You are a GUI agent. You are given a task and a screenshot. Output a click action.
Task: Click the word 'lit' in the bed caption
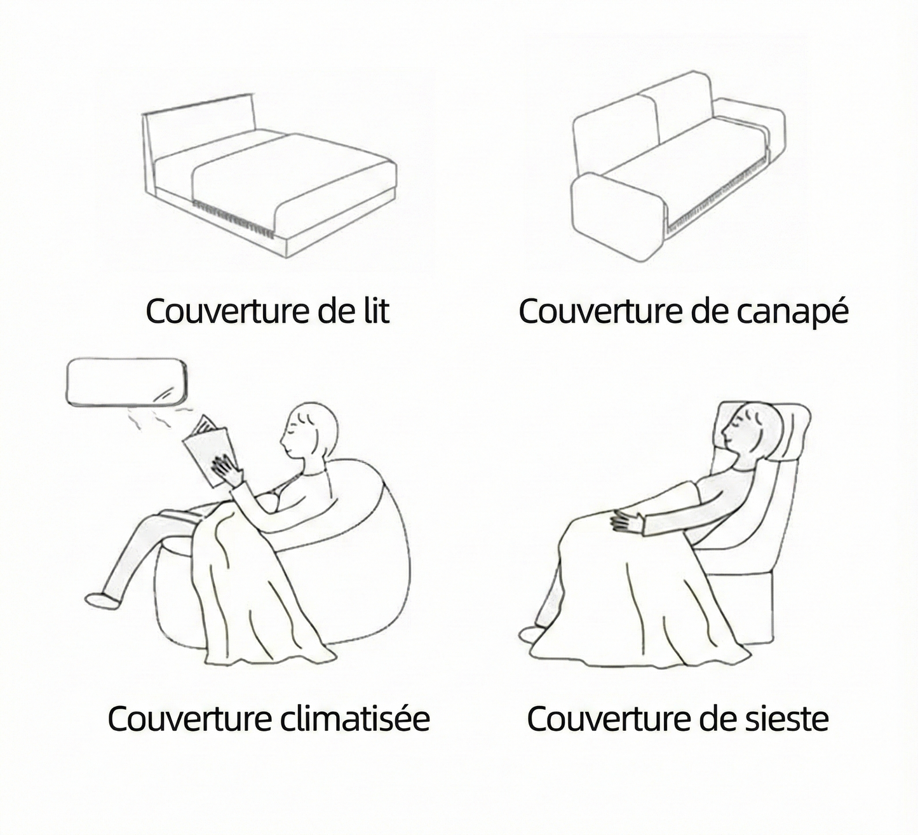tap(371, 311)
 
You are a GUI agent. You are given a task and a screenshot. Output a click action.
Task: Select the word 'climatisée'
tap(354, 719)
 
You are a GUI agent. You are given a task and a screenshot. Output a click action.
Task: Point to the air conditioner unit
tap(127, 383)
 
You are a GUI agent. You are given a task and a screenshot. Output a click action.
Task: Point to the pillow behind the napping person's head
tap(794, 432)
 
